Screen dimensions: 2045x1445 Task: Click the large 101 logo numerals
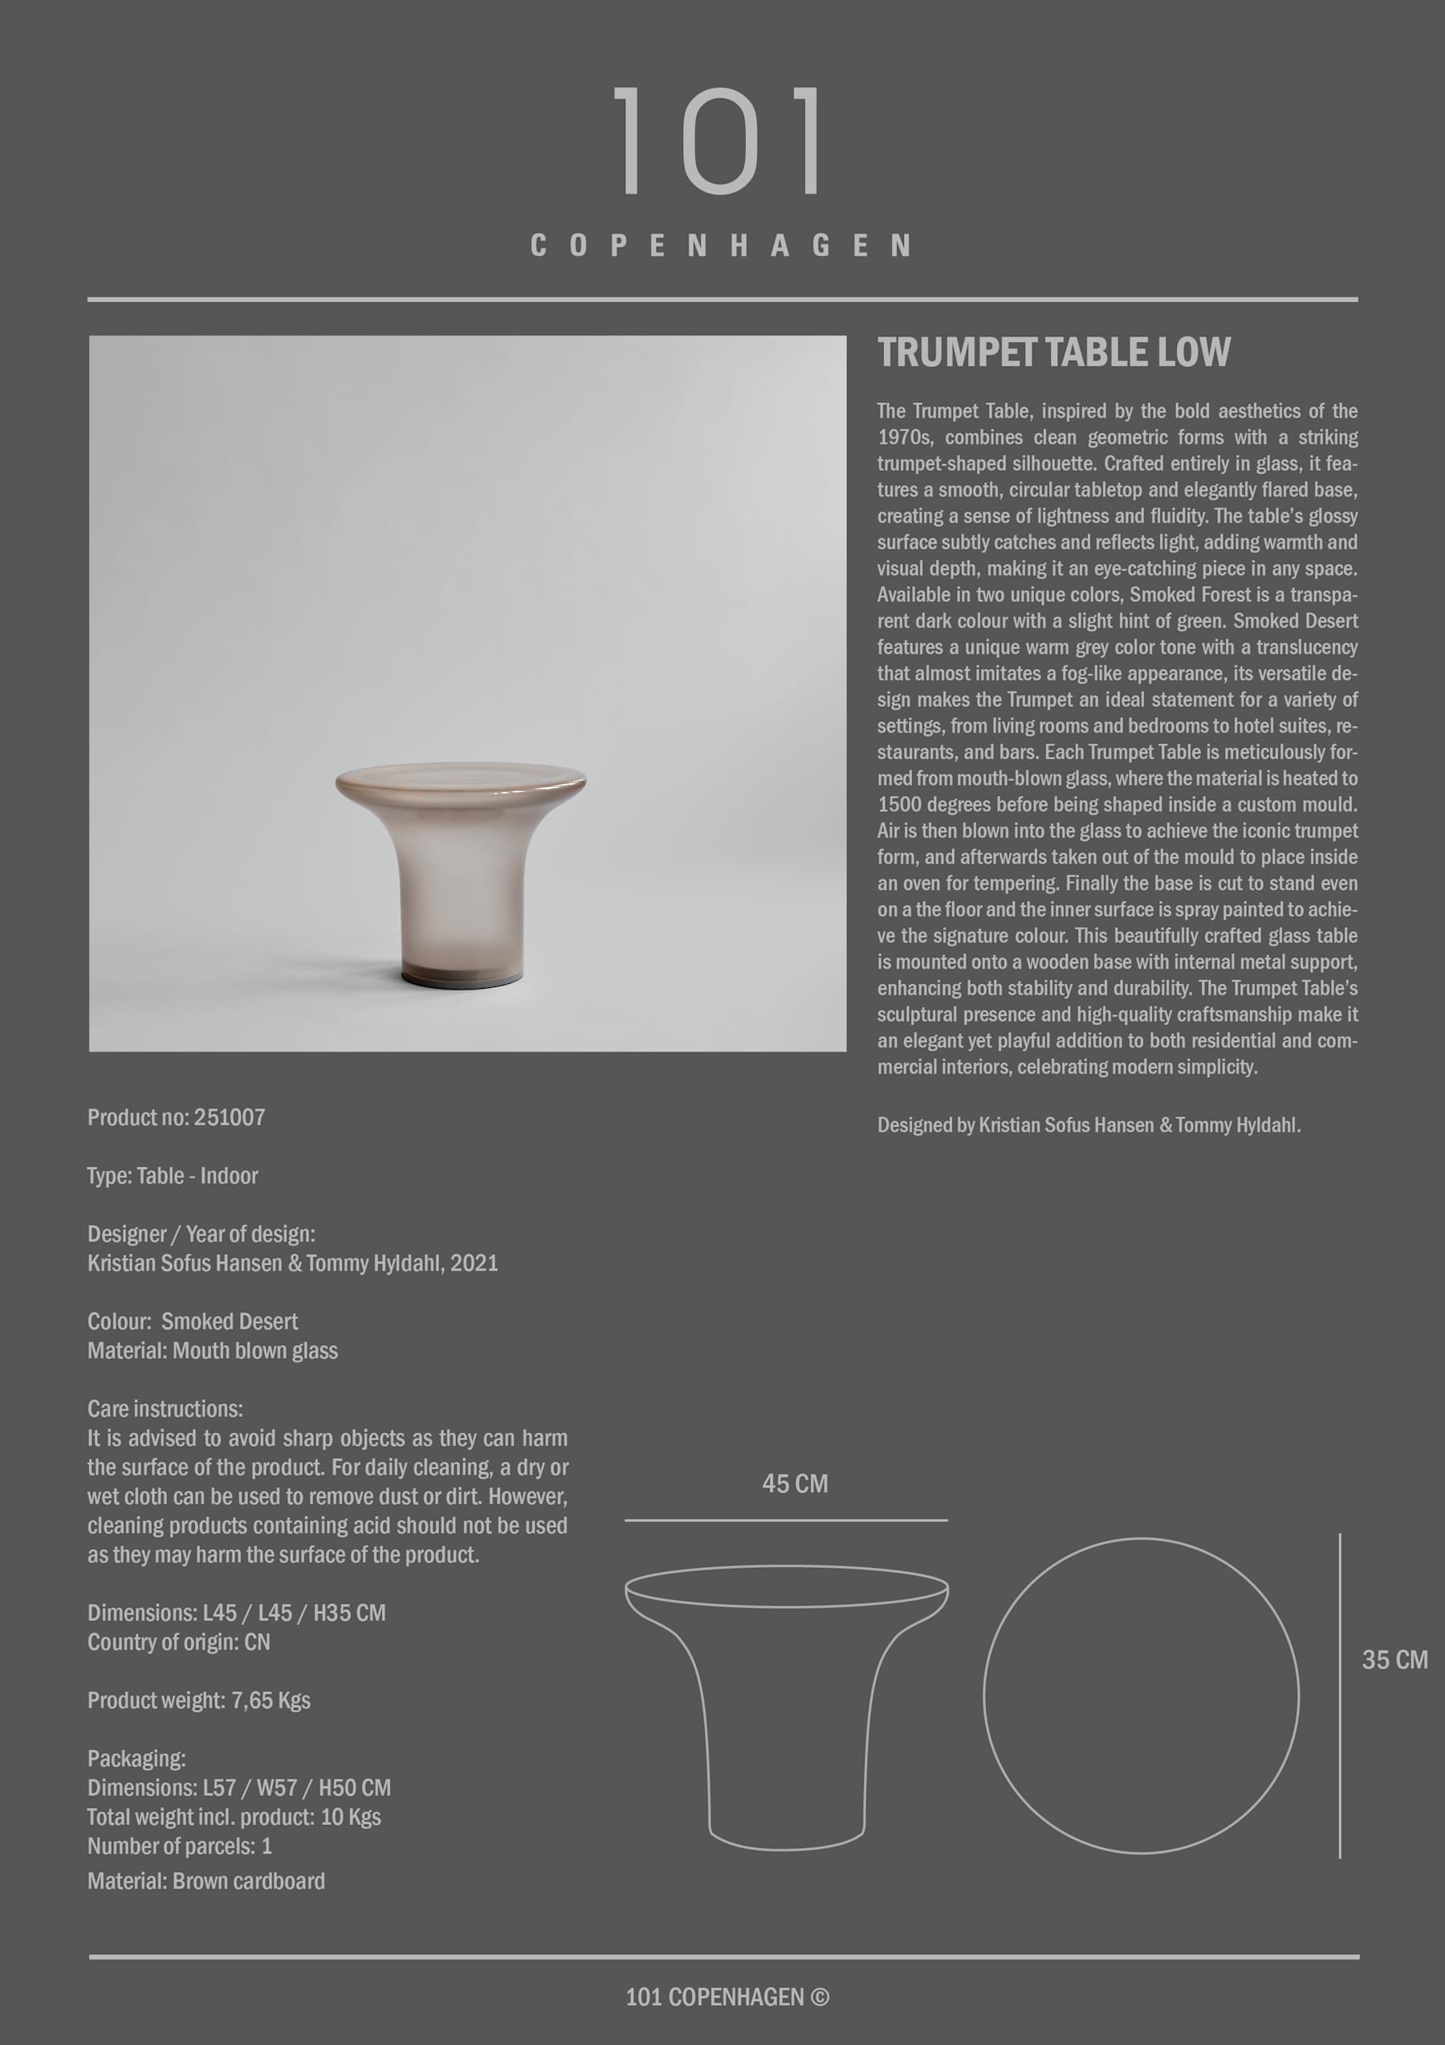pos(720,141)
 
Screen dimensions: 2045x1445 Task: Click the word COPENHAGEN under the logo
pos(720,246)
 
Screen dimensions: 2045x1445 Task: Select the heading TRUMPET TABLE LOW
pos(1053,353)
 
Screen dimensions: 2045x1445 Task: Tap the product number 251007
pos(230,1118)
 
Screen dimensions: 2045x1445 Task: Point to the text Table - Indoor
pos(197,1176)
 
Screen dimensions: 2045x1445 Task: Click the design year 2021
pos(474,1263)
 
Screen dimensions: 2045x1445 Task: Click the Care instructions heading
pos(165,1409)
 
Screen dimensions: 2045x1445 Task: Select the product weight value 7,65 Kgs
pos(271,1700)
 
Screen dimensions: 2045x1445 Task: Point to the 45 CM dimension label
pos(795,1484)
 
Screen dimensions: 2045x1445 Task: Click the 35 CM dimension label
pos(1394,1660)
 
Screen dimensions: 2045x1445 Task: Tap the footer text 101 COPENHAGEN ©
pos(727,1997)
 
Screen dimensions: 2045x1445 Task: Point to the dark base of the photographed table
pos(460,975)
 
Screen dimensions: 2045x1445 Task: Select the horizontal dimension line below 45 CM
pos(785,1520)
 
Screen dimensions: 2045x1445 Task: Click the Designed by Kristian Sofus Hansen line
pos(1089,1125)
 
